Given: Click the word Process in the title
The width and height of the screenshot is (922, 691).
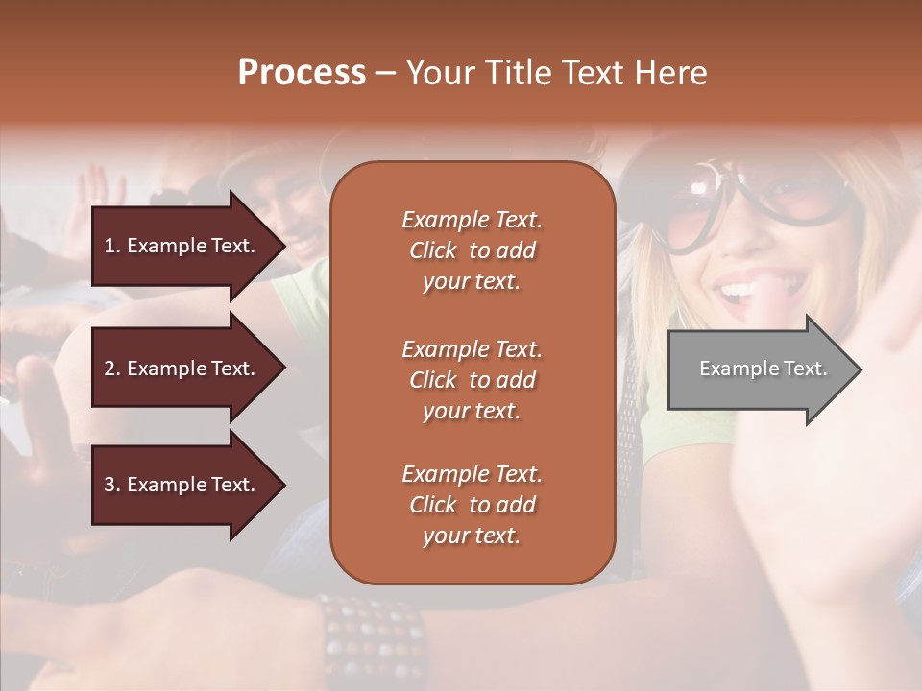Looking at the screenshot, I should coord(302,73).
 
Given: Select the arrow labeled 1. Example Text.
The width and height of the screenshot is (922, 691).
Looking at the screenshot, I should coord(182,246).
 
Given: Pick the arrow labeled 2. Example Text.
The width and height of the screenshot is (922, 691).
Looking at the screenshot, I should coord(182,369).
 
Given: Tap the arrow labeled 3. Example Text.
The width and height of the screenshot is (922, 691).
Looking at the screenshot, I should coord(182,485).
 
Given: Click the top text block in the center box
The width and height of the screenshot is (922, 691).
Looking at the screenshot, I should coord(472,250).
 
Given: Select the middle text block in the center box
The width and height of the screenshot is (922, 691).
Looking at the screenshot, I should coord(472,380).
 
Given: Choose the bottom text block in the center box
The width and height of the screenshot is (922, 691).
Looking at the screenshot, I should coord(472,505).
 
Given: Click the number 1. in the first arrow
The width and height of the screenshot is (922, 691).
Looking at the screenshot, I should coord(112,246).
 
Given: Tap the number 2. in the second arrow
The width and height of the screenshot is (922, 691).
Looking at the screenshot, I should coord(112,369).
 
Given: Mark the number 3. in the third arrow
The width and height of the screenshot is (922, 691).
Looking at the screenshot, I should coord(112,485).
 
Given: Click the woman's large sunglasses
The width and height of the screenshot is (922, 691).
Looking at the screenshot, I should coord(759,206).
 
